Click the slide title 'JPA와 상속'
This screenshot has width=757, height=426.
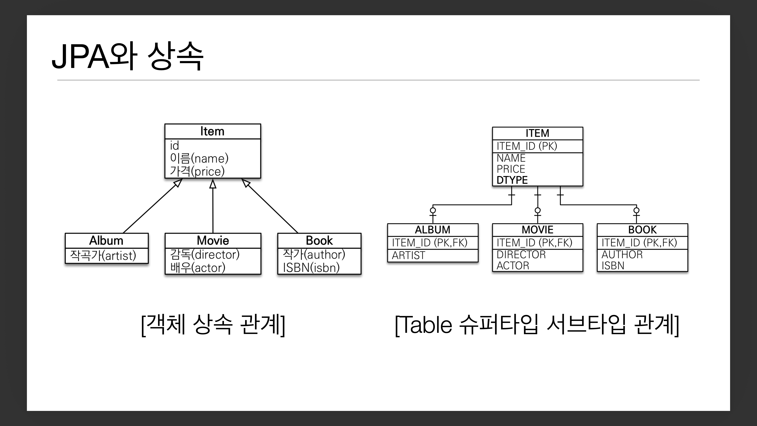127,56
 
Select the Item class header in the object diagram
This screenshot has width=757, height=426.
212,131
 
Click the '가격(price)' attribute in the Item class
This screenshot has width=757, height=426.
197,171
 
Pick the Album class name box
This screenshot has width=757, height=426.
106,241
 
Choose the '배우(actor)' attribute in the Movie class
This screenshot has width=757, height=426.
198,268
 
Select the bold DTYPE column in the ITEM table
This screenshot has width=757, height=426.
512,180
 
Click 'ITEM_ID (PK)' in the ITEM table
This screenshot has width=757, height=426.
527,146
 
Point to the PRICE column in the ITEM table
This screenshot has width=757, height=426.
511,169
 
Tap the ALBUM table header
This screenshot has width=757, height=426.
433,230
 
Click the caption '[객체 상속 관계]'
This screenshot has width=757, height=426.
213,325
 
